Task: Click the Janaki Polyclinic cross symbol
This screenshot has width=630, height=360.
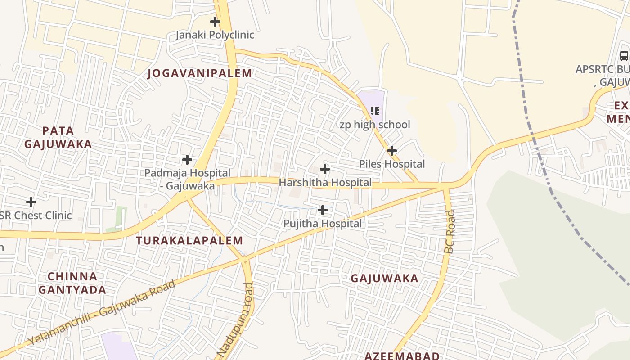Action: coord(215,21)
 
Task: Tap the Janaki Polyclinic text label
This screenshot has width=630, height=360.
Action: coord(215,35)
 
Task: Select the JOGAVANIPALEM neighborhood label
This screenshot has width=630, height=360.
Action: coord(200,73)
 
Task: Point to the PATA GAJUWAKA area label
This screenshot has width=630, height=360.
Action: coord(58,137)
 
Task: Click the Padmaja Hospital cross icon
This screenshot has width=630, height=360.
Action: coord(187,160)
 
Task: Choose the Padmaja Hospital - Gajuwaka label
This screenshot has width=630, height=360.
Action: coord(187,179)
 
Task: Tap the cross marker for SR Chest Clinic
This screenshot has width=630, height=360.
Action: coord(31,202)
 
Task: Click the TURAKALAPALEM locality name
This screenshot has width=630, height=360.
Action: coord(189,241)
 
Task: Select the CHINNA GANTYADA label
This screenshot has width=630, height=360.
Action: coord(72,283)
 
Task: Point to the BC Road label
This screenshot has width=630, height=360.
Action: coord(450,231)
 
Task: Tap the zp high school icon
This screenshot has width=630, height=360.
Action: coord(375,111)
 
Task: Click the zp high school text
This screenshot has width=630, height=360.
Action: coord(375,125)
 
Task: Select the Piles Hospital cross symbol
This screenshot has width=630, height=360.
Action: coord(392,150)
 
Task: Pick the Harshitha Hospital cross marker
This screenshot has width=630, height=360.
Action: coord(324,170)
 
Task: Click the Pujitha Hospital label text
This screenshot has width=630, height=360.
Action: coord(322,224)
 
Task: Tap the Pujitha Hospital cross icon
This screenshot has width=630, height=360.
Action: coord(323,210)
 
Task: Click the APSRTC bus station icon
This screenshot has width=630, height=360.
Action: coord(624,56)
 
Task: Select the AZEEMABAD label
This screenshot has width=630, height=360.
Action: coord(402,355)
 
